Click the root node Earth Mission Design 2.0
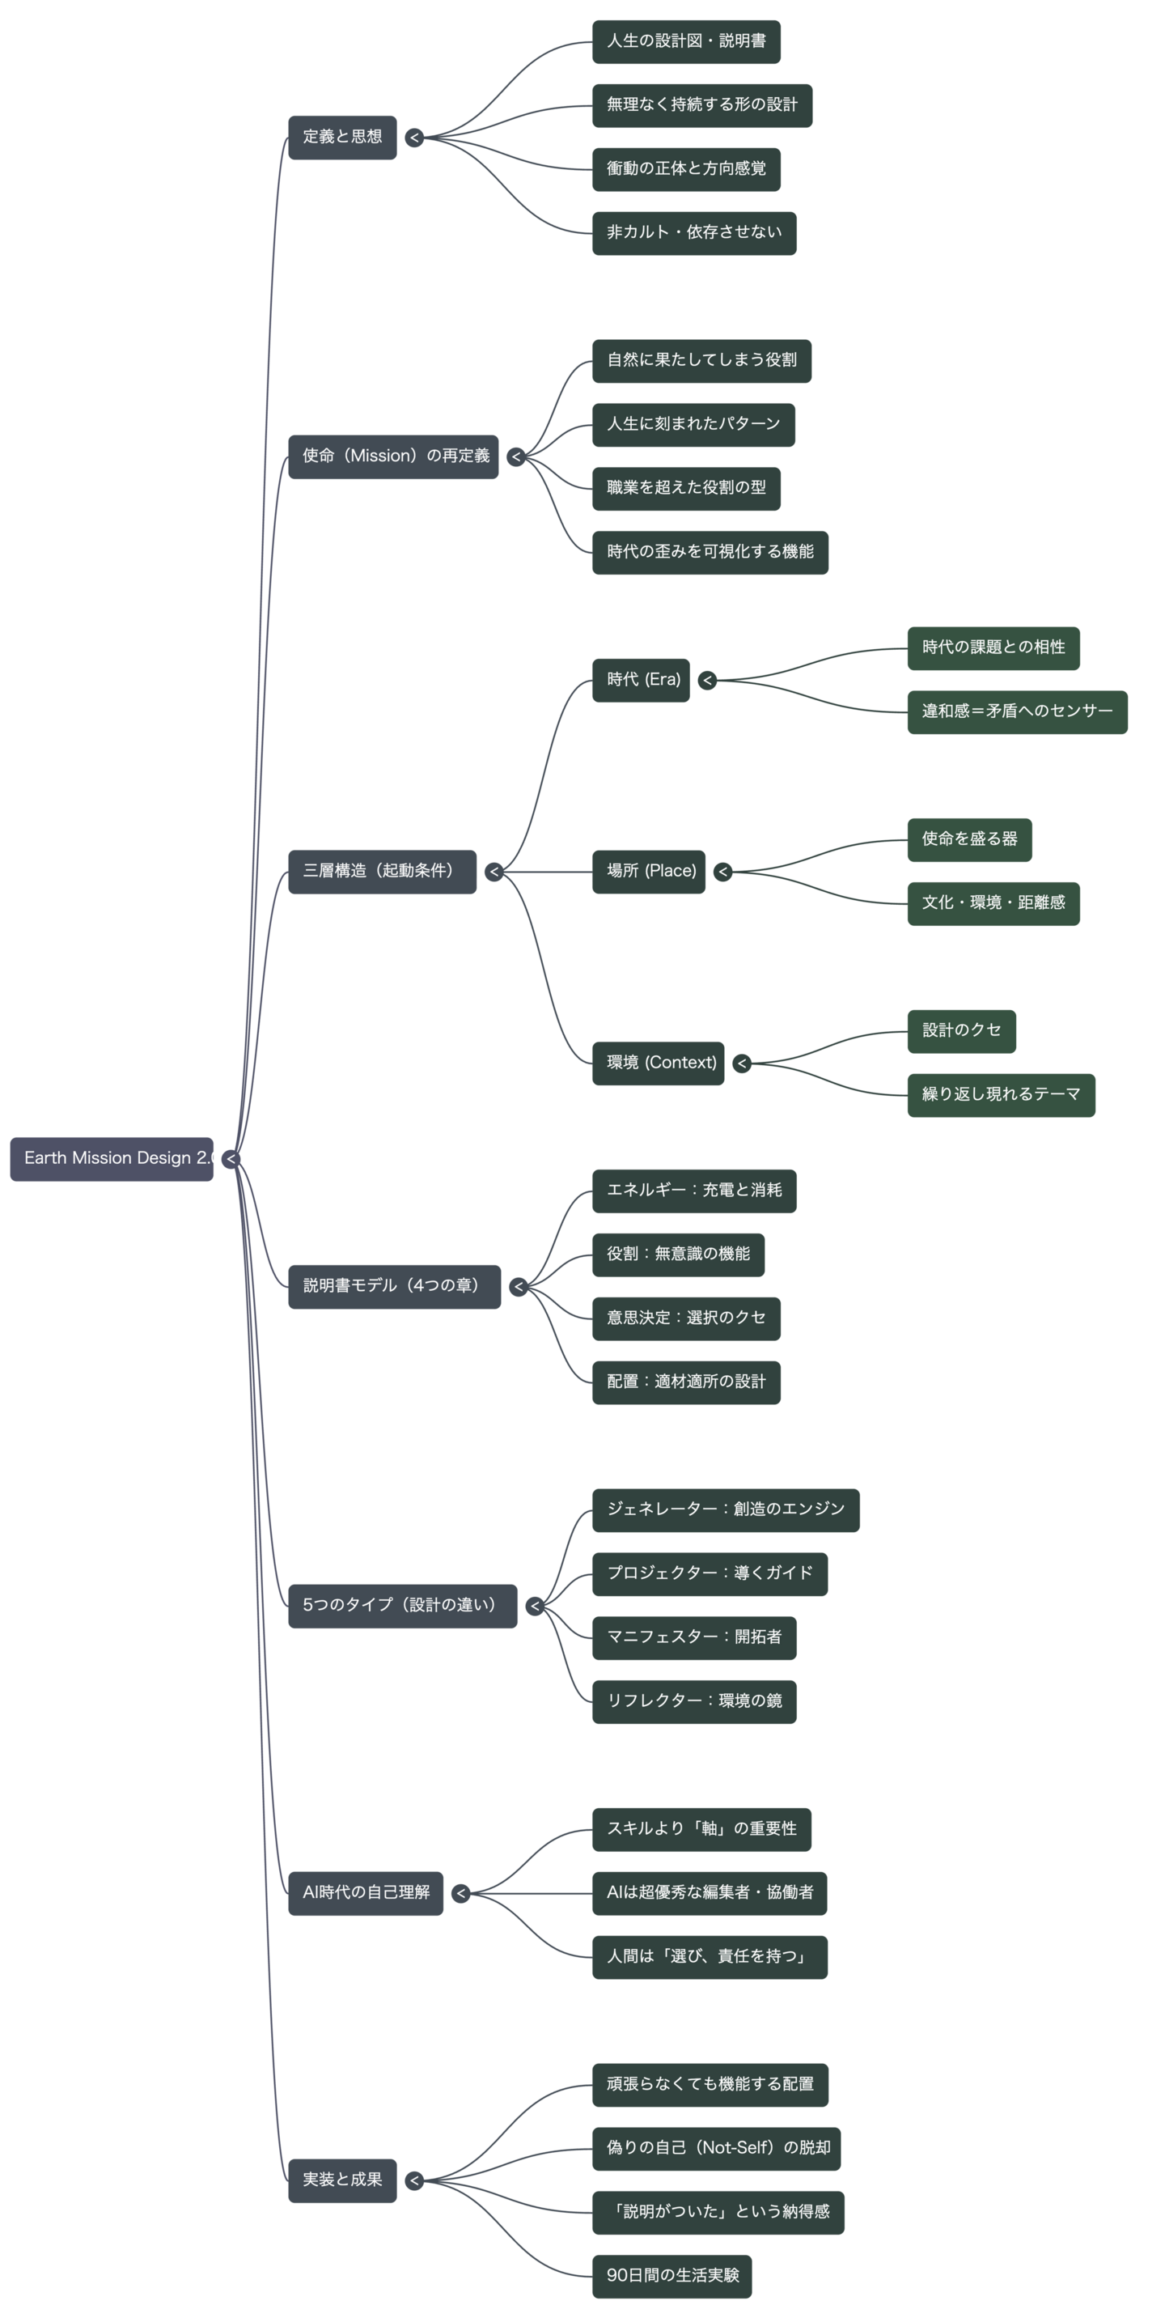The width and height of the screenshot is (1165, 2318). coord(112,1158)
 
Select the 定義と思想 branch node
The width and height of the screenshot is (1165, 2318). coord(342,137)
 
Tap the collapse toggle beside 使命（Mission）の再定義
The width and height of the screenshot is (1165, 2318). coord(515,457)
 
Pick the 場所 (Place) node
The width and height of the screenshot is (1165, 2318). coord(649,871)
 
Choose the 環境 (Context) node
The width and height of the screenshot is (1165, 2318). coord(658,1063)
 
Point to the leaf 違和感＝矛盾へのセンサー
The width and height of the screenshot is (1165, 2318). coord(1017,711)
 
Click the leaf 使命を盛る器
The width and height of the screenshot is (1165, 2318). coord(969,839)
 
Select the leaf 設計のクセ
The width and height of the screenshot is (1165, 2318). coord(961,1031)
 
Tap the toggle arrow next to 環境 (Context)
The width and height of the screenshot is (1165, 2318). coord(741,1063)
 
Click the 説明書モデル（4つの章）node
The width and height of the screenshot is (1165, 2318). coord(394,1286)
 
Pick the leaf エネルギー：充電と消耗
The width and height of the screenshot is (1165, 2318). coord(693,1191)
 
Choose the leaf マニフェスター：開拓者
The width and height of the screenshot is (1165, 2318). coord(693,1637)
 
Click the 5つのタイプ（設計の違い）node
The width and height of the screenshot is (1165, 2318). coord(402,1605)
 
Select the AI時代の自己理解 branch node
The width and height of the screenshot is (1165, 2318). coord(365,1892)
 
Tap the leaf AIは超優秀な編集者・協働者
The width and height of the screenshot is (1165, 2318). coord(709,1892)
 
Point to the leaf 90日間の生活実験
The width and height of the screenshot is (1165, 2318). coord(671,2276)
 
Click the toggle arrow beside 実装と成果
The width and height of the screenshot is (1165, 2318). coord(414,2180)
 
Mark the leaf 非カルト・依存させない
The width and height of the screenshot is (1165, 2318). coord(693,232)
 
